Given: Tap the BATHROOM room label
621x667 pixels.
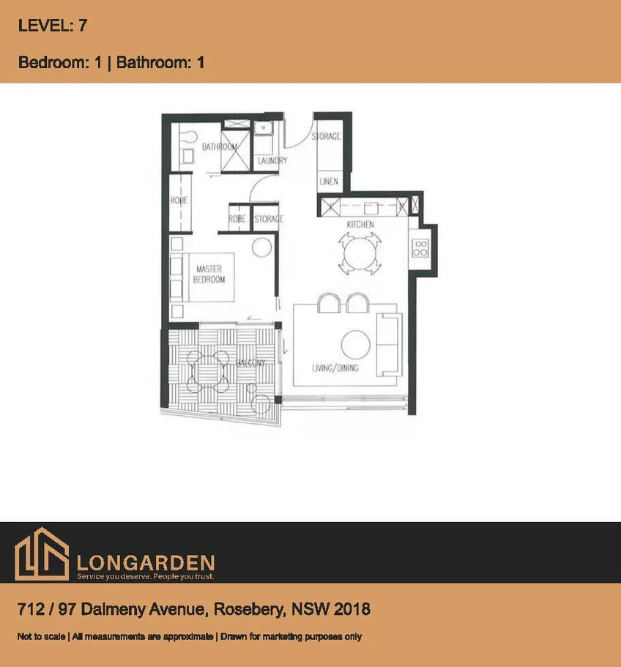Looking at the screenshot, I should (x=219, y=146).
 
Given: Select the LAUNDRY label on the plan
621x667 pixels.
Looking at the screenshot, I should (x=272, y=160).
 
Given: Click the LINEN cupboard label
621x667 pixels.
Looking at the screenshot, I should (x=329, y=181).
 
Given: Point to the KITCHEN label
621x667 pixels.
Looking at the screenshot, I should (x=360, y=224).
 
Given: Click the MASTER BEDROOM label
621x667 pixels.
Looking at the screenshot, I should (x=209, y=275).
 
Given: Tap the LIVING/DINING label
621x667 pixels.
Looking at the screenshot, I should (x=335, y=368).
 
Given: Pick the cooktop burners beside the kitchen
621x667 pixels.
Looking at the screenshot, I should (x=420, y=247).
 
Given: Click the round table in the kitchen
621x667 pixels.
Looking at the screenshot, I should (x=360, y=253).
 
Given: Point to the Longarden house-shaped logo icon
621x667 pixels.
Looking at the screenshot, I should (x=42, y=557).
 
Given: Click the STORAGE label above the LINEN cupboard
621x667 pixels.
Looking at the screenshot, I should (x=326, y=136).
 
